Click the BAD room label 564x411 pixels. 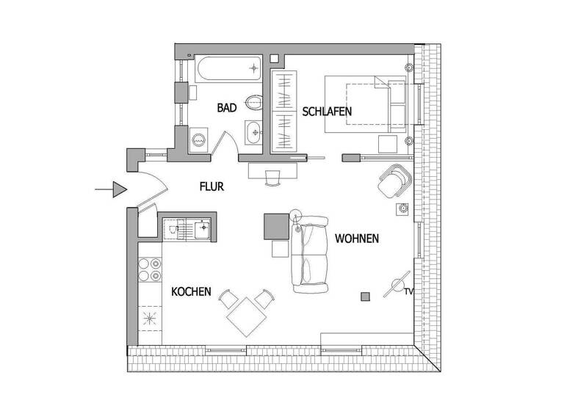point(227,108)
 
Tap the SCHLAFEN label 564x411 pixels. point(327,112)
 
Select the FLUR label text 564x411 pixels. point(211,186)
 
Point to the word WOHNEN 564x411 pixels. point(357,239)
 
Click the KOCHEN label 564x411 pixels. point(191,292)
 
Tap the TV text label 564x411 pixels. point(408,292)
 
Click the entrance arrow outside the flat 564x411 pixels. point(112,190)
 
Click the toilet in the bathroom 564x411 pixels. point(254,101)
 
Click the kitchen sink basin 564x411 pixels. point(201,230)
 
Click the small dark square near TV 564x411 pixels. point(365,297)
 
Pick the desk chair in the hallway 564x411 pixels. point(273,178)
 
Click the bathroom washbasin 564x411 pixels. point(254,132)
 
